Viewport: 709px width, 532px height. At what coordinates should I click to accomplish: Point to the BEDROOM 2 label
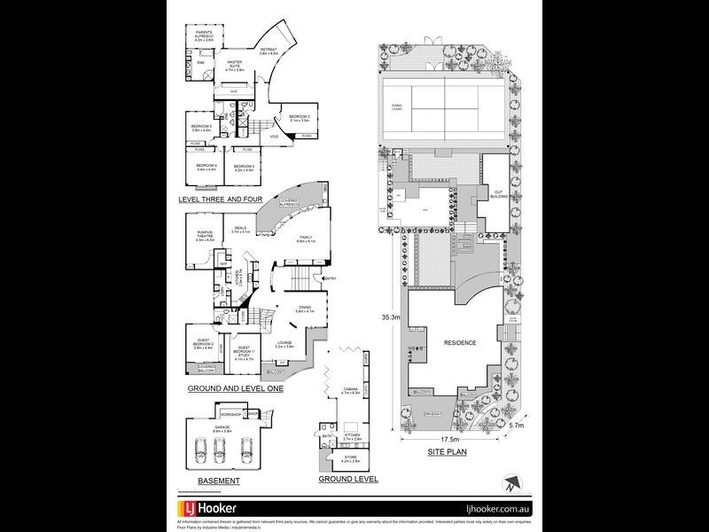click(299, 118)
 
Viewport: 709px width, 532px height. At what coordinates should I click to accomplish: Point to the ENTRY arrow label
click(331, 279)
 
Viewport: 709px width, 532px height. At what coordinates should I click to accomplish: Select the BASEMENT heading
click(218, 481)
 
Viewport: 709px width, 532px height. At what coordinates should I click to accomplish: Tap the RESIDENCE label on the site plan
click(460, 343)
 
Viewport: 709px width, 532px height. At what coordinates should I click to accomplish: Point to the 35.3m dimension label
click(389, 316)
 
